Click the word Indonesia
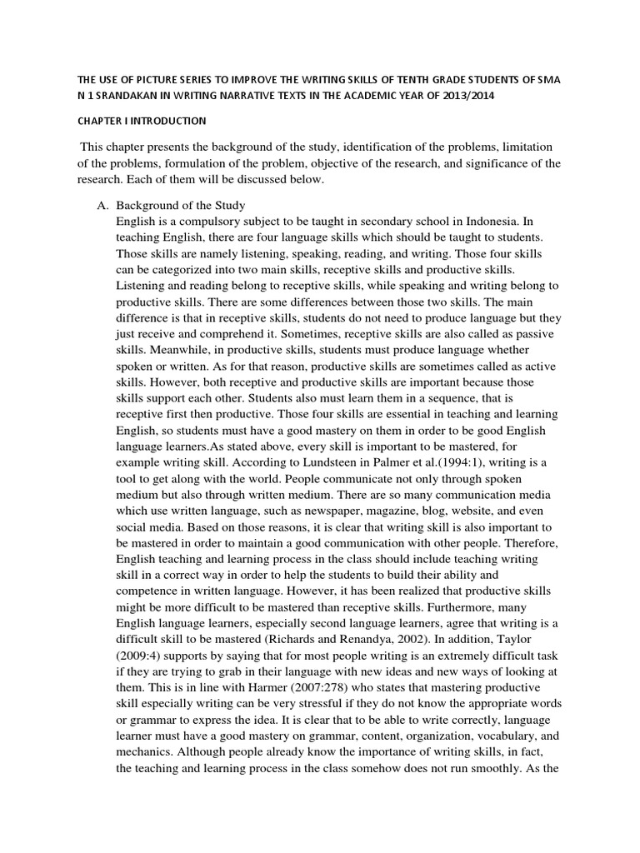pyautogui.click(x=489, y=222)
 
